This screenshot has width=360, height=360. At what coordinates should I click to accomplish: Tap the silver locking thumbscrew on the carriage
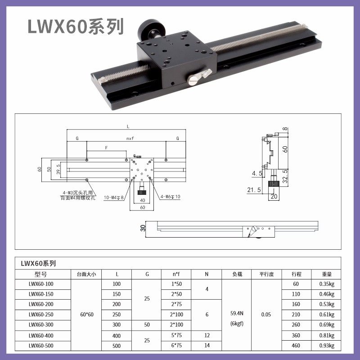tap(199, 77)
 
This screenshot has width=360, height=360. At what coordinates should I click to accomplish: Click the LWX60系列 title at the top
tap(76, 27)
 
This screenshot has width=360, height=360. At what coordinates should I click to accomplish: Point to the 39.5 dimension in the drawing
tap(58, 169)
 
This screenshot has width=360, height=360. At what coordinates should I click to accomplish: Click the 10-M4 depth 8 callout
tap(114, 198)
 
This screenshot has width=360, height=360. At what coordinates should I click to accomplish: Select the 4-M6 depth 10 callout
tap(171, 197)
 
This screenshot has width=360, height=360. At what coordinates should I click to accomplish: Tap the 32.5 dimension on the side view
tap(285, 176)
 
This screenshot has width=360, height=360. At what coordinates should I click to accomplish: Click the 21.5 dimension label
tap(254, 190)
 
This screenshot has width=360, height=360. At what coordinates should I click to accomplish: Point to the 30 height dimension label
tap(143, 228)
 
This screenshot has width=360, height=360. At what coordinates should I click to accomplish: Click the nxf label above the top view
tap(130, 139)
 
